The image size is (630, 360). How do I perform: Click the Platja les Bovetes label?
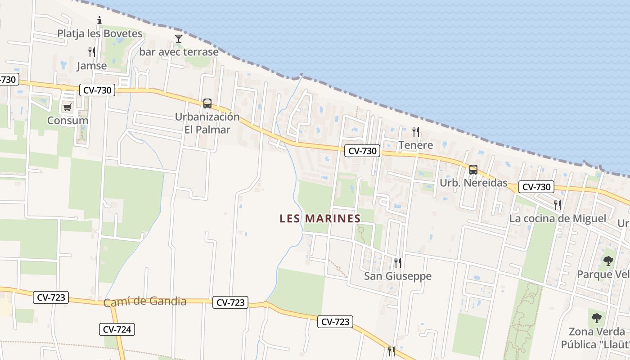99,34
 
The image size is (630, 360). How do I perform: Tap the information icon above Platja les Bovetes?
99,20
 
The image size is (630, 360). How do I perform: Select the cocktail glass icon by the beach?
179,39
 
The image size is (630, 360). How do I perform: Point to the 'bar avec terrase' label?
179,52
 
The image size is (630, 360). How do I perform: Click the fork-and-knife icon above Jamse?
92,52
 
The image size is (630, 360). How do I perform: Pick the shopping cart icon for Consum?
67,107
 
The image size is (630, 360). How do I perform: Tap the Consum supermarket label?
68,121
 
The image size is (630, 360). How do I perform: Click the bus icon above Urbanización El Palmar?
207,103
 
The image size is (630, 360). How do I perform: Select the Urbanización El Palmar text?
207,123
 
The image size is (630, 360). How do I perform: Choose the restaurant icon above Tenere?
416,132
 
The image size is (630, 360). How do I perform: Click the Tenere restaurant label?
416,145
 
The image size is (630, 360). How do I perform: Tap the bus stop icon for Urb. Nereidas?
473,170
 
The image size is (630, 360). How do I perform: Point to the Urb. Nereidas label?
473,183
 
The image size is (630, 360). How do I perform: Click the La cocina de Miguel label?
558,219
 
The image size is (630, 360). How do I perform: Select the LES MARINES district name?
320,219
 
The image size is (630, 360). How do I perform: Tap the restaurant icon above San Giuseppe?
398,262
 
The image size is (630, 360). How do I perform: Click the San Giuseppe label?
398,276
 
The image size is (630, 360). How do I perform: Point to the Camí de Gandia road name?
145,301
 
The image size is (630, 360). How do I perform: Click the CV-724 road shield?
117,329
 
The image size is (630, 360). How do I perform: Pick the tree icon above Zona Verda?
597,318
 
